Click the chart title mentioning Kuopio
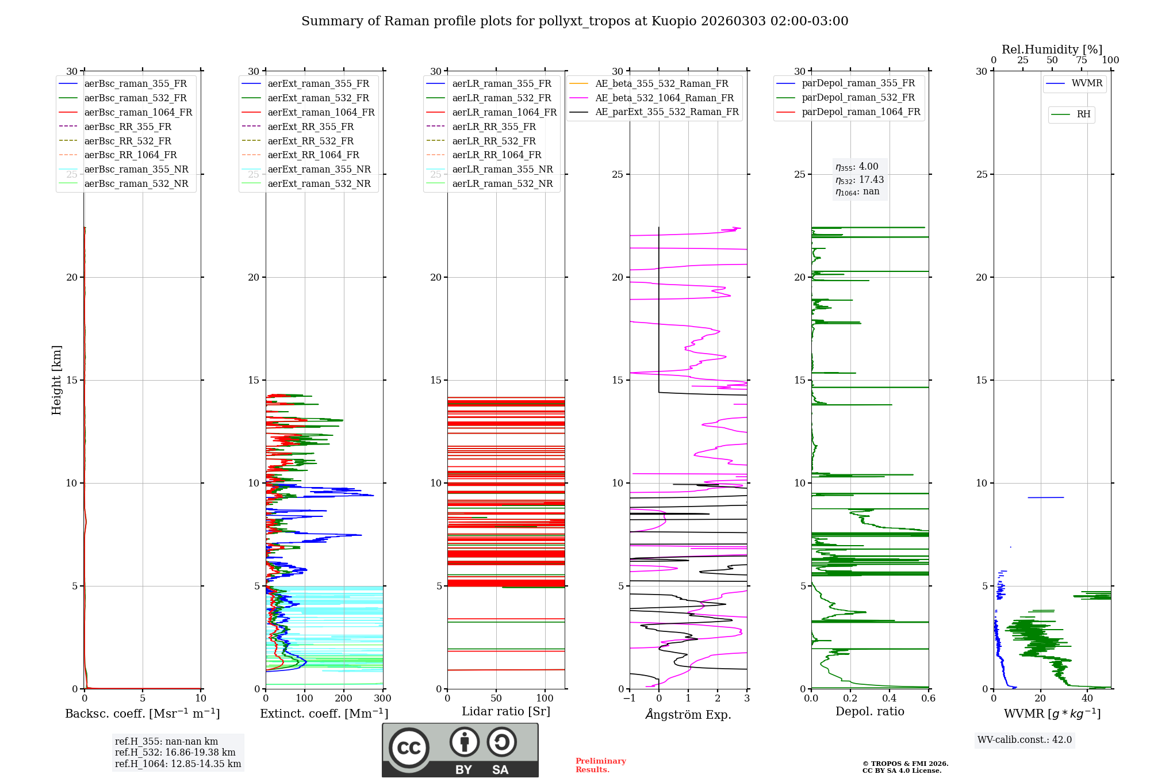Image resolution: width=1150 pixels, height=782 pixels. pos(574,21)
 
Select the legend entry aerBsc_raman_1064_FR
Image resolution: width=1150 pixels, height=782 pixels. pos(138,112)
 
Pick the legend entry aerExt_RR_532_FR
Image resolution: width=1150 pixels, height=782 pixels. pos(310,141)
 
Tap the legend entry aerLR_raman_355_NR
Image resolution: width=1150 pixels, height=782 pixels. pos(502,169)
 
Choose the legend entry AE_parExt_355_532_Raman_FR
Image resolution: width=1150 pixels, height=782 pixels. pos(666,112)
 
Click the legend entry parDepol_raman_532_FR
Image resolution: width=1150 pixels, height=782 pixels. pos(858,98)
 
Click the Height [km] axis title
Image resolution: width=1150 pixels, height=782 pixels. pos(56,380)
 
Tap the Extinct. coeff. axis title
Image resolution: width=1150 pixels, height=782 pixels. pos(324,714)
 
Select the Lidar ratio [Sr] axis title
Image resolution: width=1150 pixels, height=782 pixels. pos(506,711)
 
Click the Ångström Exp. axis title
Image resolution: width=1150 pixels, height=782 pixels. pos(688,715)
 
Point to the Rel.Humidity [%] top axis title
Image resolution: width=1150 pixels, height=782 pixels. pos(1052,49)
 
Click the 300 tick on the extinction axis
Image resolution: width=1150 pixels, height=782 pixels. pos(382,699)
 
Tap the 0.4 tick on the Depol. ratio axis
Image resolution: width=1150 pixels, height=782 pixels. pos(890,699)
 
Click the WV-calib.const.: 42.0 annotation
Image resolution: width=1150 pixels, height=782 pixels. pos(1025,740)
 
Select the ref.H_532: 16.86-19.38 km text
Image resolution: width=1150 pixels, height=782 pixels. pos(175,753)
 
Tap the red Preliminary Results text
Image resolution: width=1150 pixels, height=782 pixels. pos(600,765)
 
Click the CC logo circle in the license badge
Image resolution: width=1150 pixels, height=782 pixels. pos(409,748)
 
